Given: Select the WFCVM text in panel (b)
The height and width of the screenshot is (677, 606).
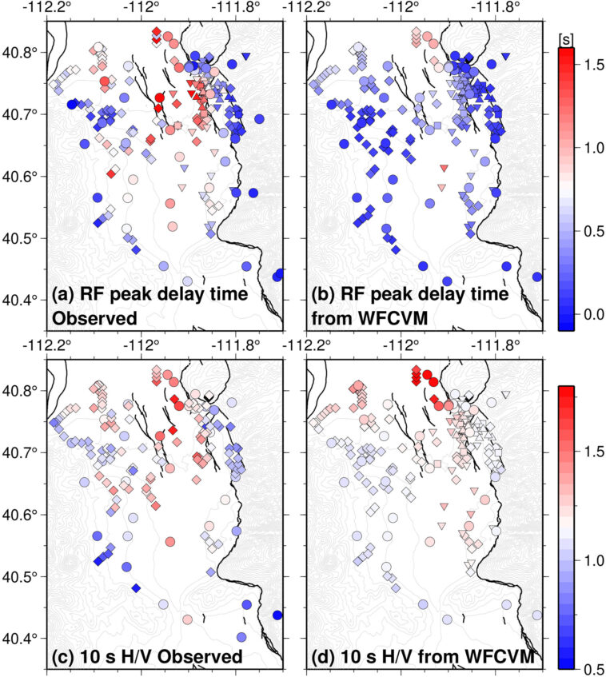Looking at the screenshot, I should click(387, 317).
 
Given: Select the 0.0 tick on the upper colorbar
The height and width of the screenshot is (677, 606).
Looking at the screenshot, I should click(586, 313).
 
